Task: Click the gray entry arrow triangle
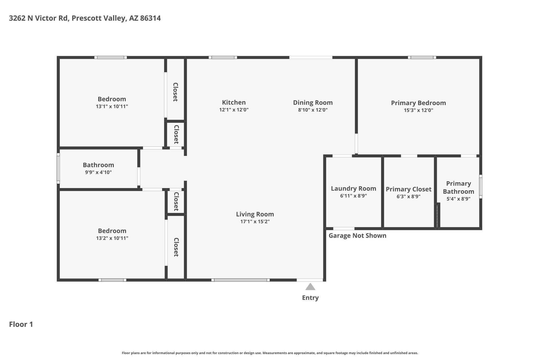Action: [310, 287]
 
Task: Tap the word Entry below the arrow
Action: [310, 298]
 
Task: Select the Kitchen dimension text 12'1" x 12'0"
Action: [234, 110]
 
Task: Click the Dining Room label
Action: [313, 103]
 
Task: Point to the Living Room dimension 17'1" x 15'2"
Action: [255, 222]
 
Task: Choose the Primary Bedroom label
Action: [418, 103]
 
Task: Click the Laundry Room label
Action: [354, 189]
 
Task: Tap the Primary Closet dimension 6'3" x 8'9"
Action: [408, 196]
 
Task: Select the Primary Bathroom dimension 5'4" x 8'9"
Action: [459, 199]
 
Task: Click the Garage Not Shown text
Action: [358, 236]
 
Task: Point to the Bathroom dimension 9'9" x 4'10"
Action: [98, 172]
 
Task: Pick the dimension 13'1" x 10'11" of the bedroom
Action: [112, 107]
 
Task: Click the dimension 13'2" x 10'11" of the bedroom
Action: [112, 238]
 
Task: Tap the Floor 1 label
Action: [21, 324]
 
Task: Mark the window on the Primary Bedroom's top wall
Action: [422, 57]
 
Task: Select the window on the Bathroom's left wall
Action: [58, 169]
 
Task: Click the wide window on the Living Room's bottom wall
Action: [240, 280]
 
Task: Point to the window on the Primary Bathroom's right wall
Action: [481, 186]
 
